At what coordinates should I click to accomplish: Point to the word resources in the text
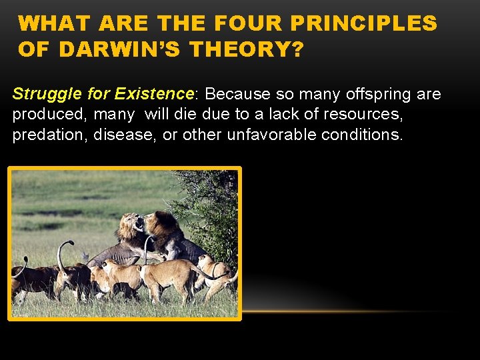pyautogui.click(x=363, y=114)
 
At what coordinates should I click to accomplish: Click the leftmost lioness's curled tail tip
pyautogui.click(x=25, y=261)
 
